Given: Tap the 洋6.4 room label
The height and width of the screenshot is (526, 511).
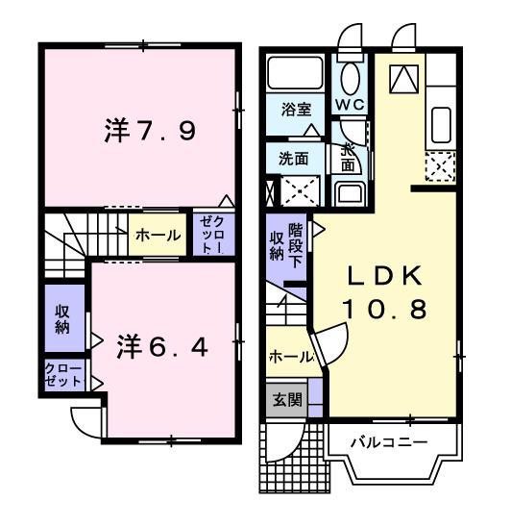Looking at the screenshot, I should [161, 343].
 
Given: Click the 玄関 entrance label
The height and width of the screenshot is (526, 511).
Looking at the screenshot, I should [281, 400].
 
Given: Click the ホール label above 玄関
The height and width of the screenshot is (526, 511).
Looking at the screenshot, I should [290, 357].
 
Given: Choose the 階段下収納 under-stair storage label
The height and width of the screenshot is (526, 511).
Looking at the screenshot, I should [285, 243].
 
